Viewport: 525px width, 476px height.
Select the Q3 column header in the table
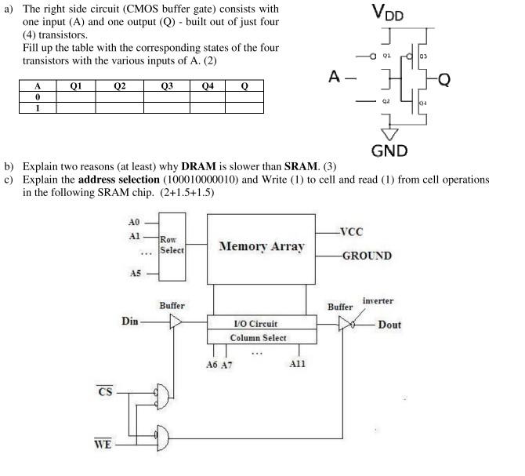(166, 86)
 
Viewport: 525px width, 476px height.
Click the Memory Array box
(262, 246)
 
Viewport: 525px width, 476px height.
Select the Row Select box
(171, 245)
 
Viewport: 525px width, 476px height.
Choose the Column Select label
(258, 338)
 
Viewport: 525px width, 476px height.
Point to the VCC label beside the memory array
(352, 232)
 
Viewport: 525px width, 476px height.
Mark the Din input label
(130, 321)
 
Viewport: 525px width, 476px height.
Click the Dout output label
(389, 324)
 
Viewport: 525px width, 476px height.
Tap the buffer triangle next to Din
(176, 322)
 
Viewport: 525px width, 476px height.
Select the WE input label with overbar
(103, 445)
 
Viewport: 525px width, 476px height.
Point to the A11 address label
(299, 365)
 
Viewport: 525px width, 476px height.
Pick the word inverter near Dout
(378, 300)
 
